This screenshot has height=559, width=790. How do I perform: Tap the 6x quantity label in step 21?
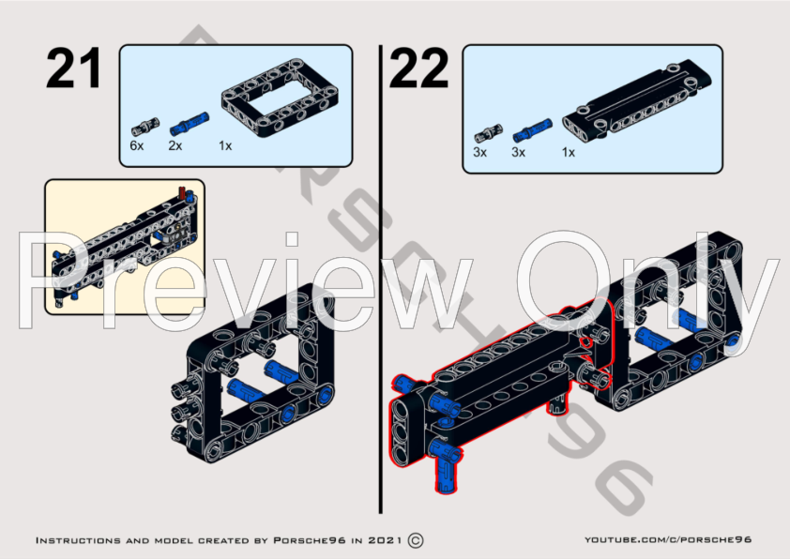(x=137, y=146)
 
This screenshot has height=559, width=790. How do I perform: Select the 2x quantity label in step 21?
(x=175, y=146)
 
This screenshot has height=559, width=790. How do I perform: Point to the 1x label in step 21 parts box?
(x=225, y=146)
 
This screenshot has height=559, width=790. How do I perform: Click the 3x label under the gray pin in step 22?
(x=479, y=151)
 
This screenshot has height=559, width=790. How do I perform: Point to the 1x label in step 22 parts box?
(x=568, y=151)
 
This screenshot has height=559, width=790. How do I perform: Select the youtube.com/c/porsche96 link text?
(x=668, y=541)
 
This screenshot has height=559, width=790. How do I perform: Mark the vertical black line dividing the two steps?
(x=380, y=281)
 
